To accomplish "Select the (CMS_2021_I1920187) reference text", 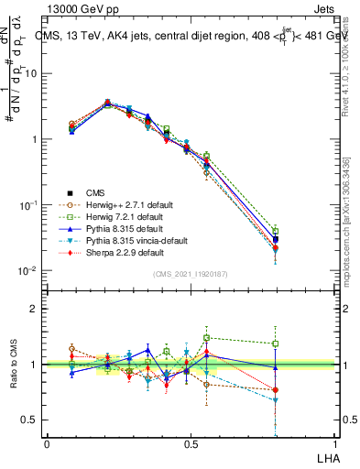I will (x=190, y=274).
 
